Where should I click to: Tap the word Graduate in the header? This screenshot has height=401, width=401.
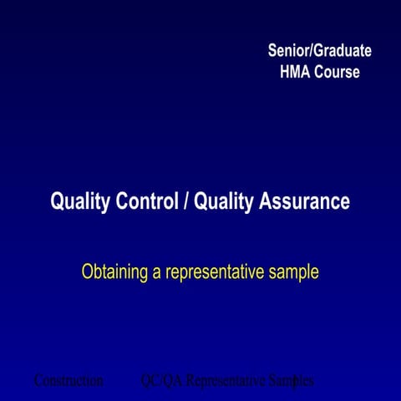click(x=342, y=51)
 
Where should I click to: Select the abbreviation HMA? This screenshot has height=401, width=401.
click(x=295, y=72)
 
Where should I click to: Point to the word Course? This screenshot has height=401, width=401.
click(x=337, y=72)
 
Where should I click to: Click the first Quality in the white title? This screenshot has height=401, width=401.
click(x=79, y=202)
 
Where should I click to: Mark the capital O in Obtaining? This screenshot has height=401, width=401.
click(x=87, y=272)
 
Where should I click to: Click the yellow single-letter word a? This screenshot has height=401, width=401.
click(x=156, y=273)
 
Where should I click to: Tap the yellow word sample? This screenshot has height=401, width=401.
click(x=295, y=273)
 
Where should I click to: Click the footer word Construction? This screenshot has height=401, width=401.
click(x=69, y=381)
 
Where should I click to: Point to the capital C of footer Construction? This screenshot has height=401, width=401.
click(x=38, y=381)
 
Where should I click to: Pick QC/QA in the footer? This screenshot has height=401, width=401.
click(x=162, y=381)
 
